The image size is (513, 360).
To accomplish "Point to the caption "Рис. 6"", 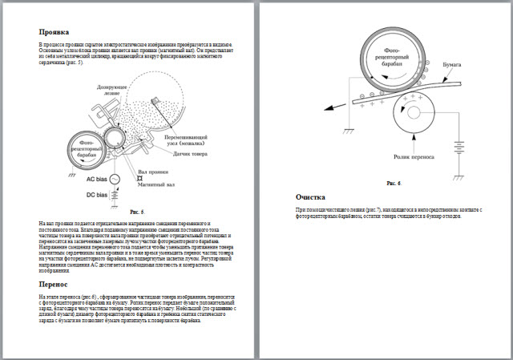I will coord(394,183).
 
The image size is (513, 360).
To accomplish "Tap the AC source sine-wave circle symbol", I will coord(115,178).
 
